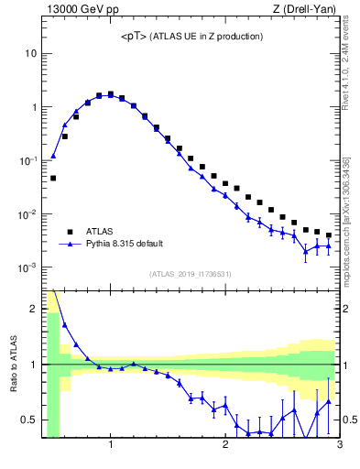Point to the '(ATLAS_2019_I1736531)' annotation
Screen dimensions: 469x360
coord(191,274)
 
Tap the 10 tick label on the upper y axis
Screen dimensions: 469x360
coord(30,53)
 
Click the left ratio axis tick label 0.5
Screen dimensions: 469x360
coord(27,420)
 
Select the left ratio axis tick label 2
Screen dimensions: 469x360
coord(32,309)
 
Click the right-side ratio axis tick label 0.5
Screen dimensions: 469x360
coord(350,420)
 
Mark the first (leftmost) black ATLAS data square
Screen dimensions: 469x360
coord(53,178)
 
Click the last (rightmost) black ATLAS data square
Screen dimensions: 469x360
coord(328,234)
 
